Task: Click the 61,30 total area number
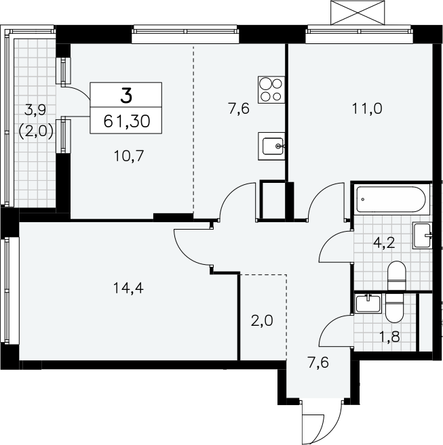click(x=127, y=121)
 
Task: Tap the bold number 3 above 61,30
click(x=126, y=96)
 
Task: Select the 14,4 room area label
click(x=128, y=288)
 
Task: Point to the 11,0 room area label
click(x=367, y=108)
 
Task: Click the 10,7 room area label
click(x=129, y=156)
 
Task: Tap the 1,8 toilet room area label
click(x=390, y=337)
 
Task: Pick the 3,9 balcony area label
click(x=35, y=110)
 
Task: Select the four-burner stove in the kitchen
click(x=271, y=89)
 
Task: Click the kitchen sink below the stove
click(x=271, y=146)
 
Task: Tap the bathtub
click(x=391, y=199)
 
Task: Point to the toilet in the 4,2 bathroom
click(x=397, y=276)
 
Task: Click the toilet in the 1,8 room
click(x=395, y=308)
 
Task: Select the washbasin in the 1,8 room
click(x=368, y=303)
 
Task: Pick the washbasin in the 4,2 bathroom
click(x=423, y=235)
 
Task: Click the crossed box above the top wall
click(x=358, y=12)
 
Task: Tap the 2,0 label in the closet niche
click(x=262, y=320)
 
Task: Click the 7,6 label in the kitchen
click(x=239, y=108)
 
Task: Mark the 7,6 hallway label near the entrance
click(x=318, y=362)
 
